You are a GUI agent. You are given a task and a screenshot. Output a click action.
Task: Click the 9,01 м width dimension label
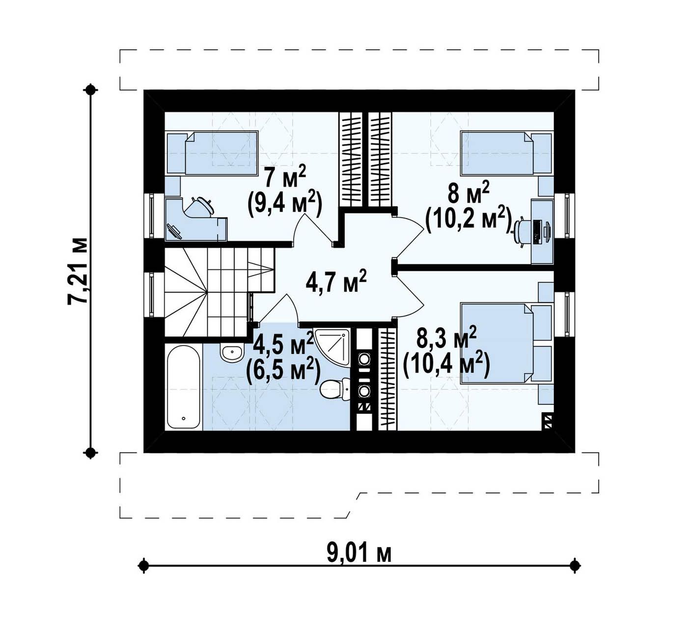[x=359, y=553]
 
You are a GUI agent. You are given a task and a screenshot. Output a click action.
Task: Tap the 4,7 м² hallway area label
[x=336, y=281]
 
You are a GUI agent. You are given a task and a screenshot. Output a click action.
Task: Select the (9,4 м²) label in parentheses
[x=284, y=204]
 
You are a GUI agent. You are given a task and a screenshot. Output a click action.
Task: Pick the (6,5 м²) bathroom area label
[x=283, y=369]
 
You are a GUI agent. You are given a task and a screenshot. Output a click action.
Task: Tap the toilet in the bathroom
[x=335, y=389]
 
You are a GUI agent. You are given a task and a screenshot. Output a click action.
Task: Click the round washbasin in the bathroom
[x=231, y=352]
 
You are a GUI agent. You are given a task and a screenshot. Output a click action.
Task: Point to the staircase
[x=220, y=292]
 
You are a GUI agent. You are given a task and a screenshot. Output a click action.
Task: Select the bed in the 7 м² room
[x=213, y=153]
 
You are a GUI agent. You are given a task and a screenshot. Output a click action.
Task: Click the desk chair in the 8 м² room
[x=522, y=231]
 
